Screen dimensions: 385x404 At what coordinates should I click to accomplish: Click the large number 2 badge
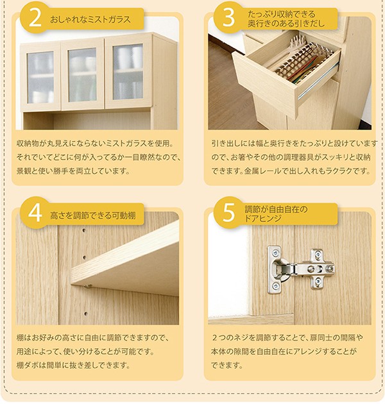click(x=35, y=18)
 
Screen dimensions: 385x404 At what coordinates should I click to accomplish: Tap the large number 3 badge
click(x=228, y=18)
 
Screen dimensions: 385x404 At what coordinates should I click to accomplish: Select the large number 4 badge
click(x=35, y=213)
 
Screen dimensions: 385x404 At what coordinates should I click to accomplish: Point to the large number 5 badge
click(x=228, y=213)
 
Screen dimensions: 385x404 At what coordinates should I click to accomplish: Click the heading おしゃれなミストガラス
click(x=90, y=19)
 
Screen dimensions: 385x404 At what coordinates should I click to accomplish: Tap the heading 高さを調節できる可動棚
click(x=92, y=215)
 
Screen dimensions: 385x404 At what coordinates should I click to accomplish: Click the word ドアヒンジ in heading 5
click(x=263, y=219)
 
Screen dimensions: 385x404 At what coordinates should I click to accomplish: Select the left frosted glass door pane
click(x=40, y=77)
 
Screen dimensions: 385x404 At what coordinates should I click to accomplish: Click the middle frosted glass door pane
click(x=82, y=75)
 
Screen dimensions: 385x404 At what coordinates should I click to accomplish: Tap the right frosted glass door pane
click(x=128, y=72)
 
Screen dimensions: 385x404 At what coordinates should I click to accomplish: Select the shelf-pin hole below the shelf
click(x=85, y=314)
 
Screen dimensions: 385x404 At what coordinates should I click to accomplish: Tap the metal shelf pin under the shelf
click(x=89, y=286)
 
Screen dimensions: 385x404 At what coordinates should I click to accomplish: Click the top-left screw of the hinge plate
click(x=275, y=253)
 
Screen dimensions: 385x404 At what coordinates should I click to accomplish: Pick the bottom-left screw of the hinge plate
click(x=275, y=285)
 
